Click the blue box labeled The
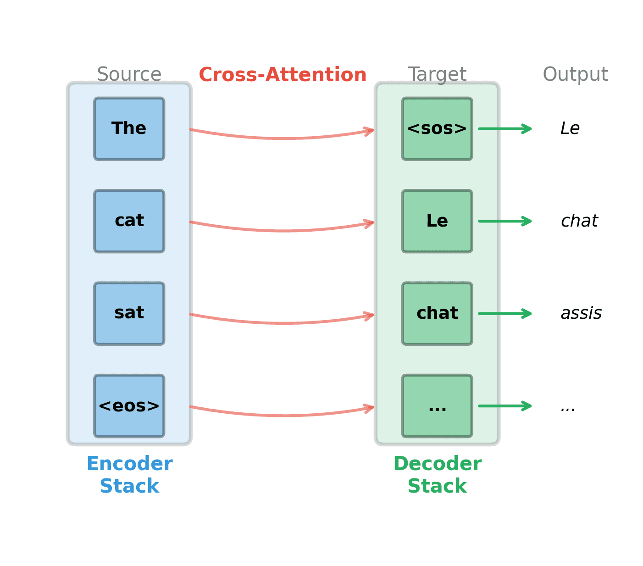tap(129, 129)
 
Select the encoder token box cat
tap(129, 221)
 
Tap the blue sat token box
tap(129, 314)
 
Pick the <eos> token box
tap(129, 406)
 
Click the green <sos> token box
tap(437, 129)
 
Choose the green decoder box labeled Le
tap(437, 221)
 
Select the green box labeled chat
tap(437, 314)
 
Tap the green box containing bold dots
tap(437, 406)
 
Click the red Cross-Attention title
tap(283, 75)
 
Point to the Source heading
tap(129, 74)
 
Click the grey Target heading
tap(437, 74)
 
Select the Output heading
tap(575, 74)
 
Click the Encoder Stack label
tap(129, 475)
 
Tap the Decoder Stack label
tap(437, 475)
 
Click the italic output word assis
tap(581, 314)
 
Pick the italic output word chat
tap(579, 221)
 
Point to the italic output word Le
tap(570, 129)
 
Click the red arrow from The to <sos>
tap(282, 138)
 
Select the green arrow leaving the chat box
tap(504, 314)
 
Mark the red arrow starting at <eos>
tap(282, 415)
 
